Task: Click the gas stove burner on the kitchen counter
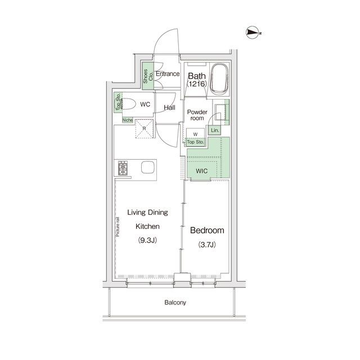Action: click(123, 168)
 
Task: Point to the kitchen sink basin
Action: click(147, 168)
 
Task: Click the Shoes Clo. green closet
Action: click(147, 76)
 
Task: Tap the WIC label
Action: click(201, 171)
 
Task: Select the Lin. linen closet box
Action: click(215, 130)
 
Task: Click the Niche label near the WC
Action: click(128, 120)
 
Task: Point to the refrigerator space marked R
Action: click(144, 129)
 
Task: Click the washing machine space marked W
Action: click(195, 134)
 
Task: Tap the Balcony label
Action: click(175, 303)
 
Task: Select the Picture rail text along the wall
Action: click(118, 227)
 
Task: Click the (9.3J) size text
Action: click(147, 240)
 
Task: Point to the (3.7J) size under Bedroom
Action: click(207, 245)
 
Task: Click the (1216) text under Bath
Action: click(197, 84)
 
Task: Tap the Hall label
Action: click(169, 107)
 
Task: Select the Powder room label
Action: click(197, 115)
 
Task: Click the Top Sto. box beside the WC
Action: click(118, 102)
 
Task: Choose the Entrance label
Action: click(168, 74)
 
